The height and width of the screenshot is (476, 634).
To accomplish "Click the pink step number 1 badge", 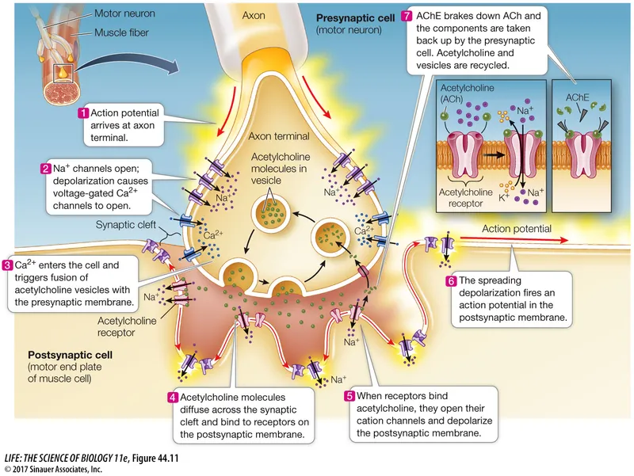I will coord(82,114).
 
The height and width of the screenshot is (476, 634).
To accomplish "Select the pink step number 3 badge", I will coord(8,265).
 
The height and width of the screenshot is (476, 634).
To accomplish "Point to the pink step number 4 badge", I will coord(173,397).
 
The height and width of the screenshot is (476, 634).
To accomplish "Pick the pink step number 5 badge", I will coord(349,395).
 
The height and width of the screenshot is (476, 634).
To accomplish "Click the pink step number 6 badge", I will coord(451,280).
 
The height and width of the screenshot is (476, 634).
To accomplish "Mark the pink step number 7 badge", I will coord(407,16).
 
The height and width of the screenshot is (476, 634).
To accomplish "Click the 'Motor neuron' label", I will coord(124,14).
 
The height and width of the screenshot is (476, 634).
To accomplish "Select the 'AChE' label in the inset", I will coord(576,97).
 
